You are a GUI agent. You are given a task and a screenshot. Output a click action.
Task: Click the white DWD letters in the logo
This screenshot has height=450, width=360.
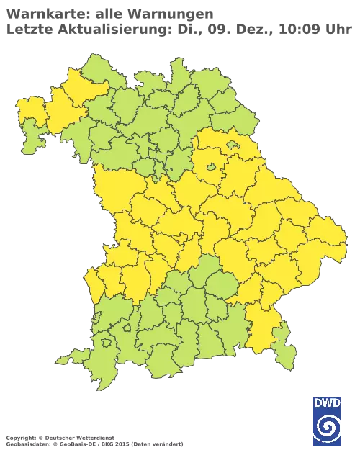coord(328,405)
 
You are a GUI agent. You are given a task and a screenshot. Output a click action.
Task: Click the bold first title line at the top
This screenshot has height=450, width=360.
coord(108,13)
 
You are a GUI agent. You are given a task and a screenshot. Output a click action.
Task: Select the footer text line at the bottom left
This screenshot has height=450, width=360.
coord(94,438)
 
